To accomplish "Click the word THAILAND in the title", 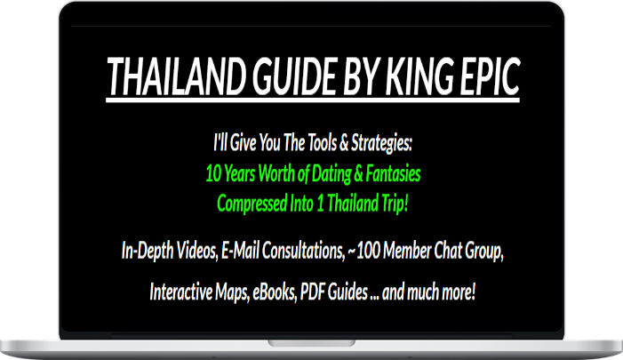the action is click(x=176, y=76).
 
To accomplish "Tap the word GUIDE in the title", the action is click(x=295, y=76).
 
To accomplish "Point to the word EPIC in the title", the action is click(x=490, y=76).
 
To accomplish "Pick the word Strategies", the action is click(x=381, y=143).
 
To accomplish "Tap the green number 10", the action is click(x=213, y=173).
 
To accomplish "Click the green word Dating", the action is click(x=331, y=174).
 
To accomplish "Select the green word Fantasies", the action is click(x=393, y=173).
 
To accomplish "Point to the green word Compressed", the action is click(x=252, y=204).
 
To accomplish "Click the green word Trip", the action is click(x=395, y=204).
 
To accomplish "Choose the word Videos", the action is click(x=197, y=251).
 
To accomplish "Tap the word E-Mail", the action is click(x=240, y=251).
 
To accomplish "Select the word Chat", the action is click(x=447, y=251).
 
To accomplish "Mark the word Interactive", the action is click(x=180, y=292).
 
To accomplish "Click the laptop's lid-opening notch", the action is click(x=311, y=343).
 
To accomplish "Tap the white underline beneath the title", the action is click(x=313, y=100).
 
